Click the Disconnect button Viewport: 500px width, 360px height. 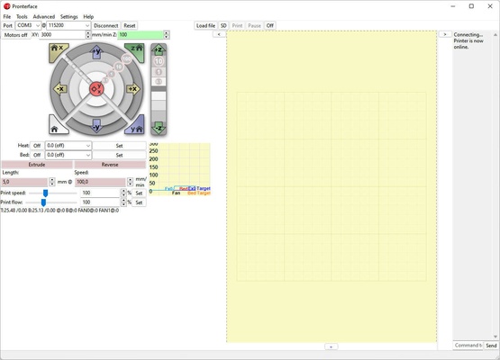105,26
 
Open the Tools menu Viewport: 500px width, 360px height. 22,16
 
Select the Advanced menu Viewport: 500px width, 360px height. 43,16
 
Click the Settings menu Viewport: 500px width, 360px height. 68,16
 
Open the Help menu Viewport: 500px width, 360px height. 88,16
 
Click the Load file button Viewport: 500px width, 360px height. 205,26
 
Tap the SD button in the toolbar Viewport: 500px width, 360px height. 223,26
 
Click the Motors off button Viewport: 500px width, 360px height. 15,35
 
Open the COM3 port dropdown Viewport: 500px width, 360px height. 29,26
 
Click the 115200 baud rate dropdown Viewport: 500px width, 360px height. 68,26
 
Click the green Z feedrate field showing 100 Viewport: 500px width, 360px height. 142,35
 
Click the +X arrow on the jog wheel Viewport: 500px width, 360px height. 132,89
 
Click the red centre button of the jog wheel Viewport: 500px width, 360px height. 97,89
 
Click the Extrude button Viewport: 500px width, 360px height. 37,165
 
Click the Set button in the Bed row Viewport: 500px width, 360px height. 119,155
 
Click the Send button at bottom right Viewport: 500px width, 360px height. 491,346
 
